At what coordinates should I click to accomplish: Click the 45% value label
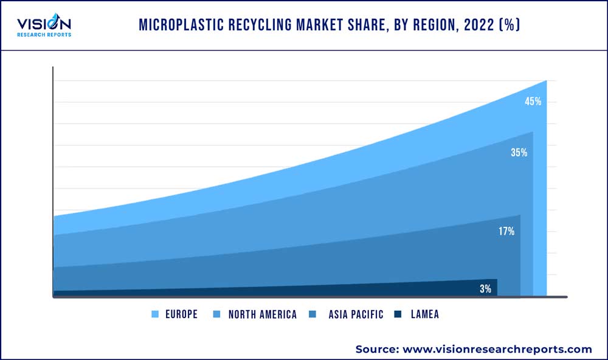pos(533,102)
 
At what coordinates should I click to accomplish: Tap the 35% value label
pos(519,153)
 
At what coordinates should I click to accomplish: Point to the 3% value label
pos(485,289)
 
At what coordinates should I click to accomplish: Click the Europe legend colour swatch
pos(154,314)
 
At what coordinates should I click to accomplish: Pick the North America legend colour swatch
pos(217,314)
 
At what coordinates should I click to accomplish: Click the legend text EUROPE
pos(181,314)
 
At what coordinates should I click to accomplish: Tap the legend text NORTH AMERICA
pos(263,314)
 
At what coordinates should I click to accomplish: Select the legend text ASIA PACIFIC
pos(356,314)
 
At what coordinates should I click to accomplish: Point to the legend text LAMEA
pos(424,314)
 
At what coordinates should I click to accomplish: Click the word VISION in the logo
pos(44,24)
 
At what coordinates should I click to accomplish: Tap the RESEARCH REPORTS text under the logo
pos(44,35)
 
